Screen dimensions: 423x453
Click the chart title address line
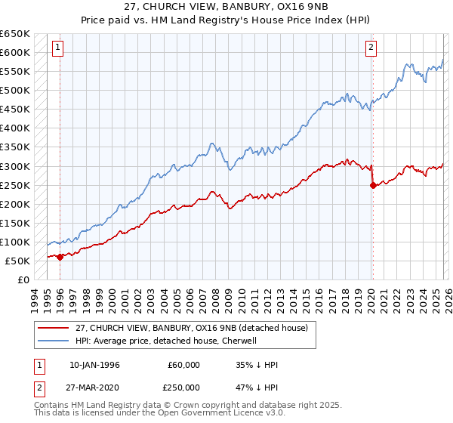click(x=226, y=7)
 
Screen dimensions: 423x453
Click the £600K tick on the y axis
click(x=15, y=53)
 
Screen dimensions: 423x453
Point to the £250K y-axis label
click(x=15, y=185)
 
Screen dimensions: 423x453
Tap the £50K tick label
click(x=17, y=261)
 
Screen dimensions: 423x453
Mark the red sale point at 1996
click(x=60, y=257)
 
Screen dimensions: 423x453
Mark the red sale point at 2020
click(x=373, y=185)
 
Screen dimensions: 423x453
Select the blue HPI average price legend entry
click(x=166, y=341)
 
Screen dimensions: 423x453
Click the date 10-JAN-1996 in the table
click(x=94, y=365)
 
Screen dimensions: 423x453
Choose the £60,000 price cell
click(x=183, y=365)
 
